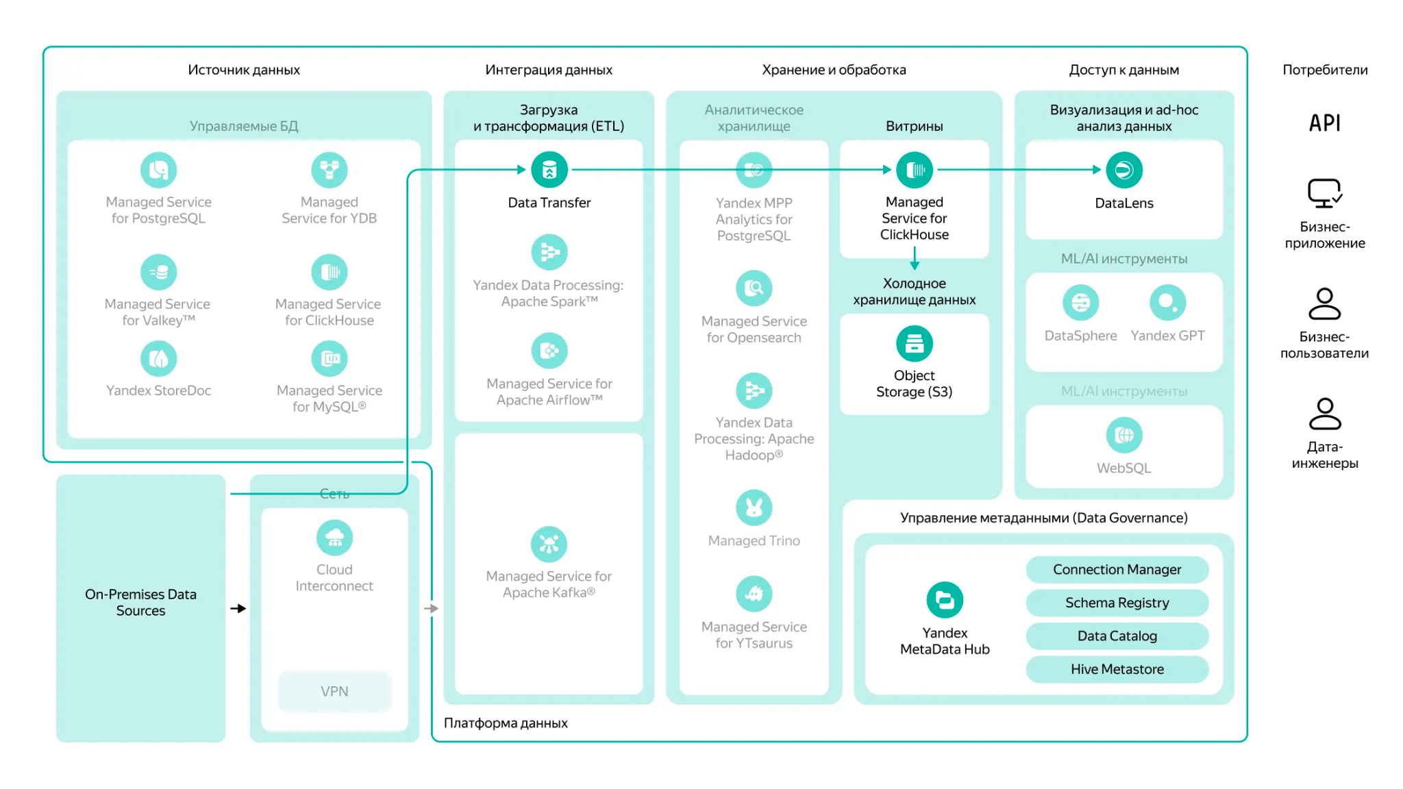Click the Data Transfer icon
pos(549,170)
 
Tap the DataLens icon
pos(1124,170)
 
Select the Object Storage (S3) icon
pos(915,343)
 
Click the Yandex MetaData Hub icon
pos(945,600)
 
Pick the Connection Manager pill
pos(1117,569)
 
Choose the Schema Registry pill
pos(1117,603)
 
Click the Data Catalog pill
pos(1117,636)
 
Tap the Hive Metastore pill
pos(1117,669)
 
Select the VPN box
pos(334,692)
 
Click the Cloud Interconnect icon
pos(334,538)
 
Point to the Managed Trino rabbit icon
pos(754,508)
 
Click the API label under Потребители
pos(1325,123)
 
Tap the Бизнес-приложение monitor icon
pos(1325,193)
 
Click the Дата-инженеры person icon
pos(1325,414)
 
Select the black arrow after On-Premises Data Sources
pos(238,608)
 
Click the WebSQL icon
pos(1124,435)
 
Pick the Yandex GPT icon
pos(1167,303)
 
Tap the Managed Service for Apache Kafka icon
pos(549,544)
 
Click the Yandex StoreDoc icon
pos(158,358)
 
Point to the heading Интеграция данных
pos(549,70)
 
